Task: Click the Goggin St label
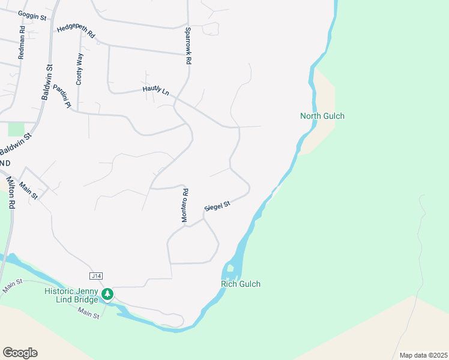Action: coord(32,16)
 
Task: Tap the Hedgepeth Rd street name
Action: coord(76,32)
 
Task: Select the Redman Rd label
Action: coord(22,42)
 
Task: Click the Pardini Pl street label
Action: coord(62,96)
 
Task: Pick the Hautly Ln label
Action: coord(156,90)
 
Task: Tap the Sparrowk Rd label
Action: coord(188,46)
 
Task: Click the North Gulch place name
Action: coord(322,116)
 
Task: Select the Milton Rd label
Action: coord(11,191)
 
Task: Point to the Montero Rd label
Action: coord(185,206)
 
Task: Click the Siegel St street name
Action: coord(217,206)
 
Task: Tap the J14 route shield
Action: coord(95,276)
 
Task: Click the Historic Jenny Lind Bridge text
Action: coord(71,295)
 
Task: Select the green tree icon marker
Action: coord(107,294)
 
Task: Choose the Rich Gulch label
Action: coord(241,284)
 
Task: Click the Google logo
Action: coord(20,353)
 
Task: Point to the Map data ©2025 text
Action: coord(423,355)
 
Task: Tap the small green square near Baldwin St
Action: coord(16,129)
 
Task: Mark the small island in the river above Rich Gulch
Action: coord(231,268)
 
